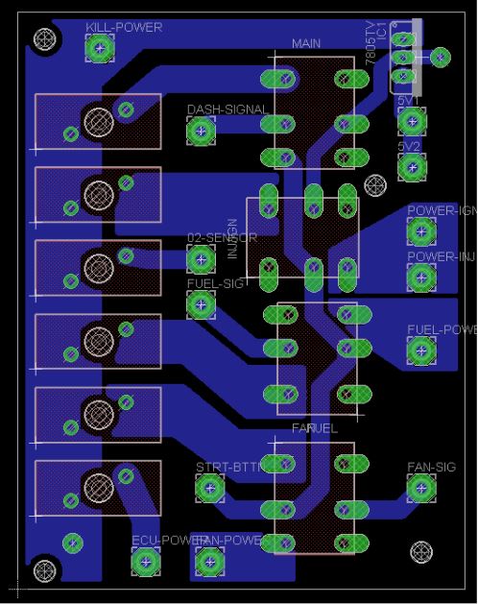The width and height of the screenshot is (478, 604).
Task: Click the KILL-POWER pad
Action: click(98, 47)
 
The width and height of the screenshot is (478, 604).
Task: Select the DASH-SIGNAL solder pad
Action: click(201, 132)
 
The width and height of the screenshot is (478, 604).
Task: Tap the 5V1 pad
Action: click(412, 121)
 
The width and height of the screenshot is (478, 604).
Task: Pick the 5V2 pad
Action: click(412, 167)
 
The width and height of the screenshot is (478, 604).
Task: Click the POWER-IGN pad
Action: click(420, 231)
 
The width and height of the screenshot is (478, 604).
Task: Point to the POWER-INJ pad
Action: click(420, 278)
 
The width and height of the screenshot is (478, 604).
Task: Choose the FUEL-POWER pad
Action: click(420, 351)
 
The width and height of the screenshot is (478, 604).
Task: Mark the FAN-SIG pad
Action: click(420, 489)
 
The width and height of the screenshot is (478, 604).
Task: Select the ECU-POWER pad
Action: click(144, 562)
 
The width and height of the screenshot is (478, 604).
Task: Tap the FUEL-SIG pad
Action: click(201, 304)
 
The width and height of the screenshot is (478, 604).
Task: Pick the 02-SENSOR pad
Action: click(201, 258)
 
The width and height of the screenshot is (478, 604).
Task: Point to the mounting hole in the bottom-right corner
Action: click(420, 551)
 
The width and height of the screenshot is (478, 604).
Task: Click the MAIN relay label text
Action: click(306, 44)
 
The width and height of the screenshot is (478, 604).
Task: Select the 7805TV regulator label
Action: click(370, 43)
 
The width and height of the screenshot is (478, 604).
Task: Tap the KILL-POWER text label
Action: click(124, 27)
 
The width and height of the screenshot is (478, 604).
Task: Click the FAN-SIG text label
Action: click(431, 468)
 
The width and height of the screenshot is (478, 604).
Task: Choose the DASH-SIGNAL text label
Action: click(227, 109)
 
